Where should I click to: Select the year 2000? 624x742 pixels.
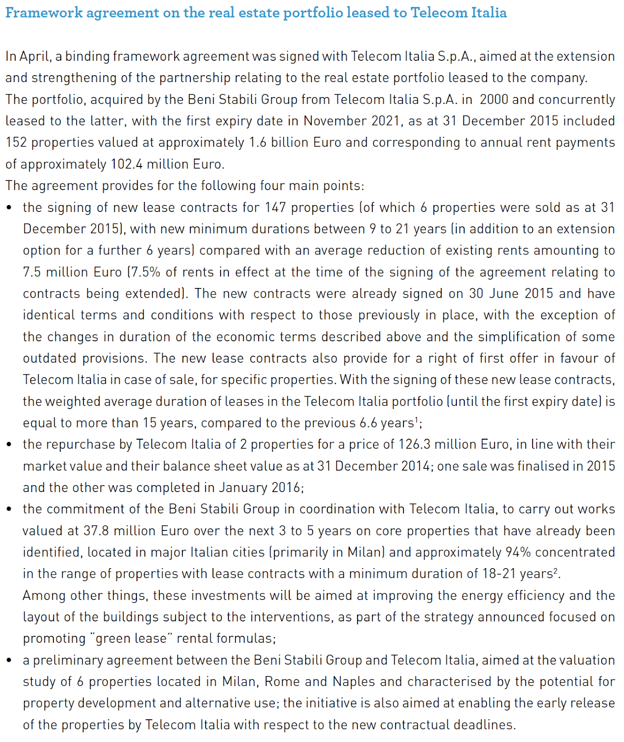click(494, 99)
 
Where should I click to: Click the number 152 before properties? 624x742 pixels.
click(16, 142)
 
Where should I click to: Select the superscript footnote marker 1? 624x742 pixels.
click(416, 420)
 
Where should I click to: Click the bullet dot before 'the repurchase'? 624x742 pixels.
click(9, 444)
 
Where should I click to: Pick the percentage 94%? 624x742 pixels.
click(518, 552)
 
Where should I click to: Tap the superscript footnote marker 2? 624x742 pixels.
click(555, 570)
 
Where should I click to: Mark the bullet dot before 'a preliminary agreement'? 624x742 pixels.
click(9, 660)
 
